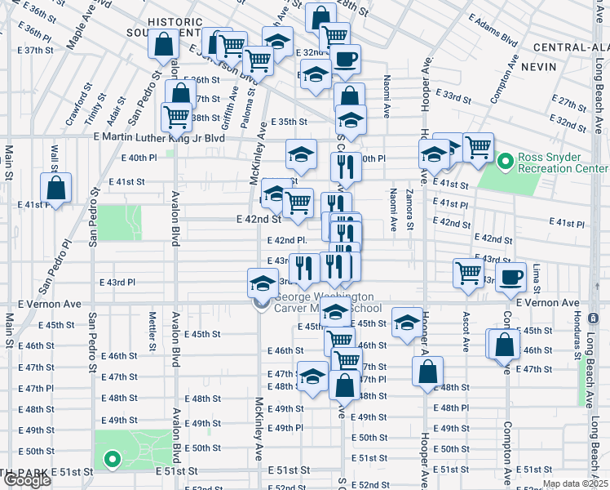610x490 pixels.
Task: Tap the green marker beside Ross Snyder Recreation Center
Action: coord(505,163)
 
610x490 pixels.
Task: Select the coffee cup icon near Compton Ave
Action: coord(512,276)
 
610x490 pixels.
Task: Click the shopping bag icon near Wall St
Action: coord(56,188)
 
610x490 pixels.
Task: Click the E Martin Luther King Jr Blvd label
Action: coord(159,138)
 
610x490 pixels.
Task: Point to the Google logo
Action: coord(26,480)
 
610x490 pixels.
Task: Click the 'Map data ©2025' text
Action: coord(575,483)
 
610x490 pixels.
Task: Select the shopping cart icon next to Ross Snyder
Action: coord(478,148)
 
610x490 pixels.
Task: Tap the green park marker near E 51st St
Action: coord(113,460)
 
